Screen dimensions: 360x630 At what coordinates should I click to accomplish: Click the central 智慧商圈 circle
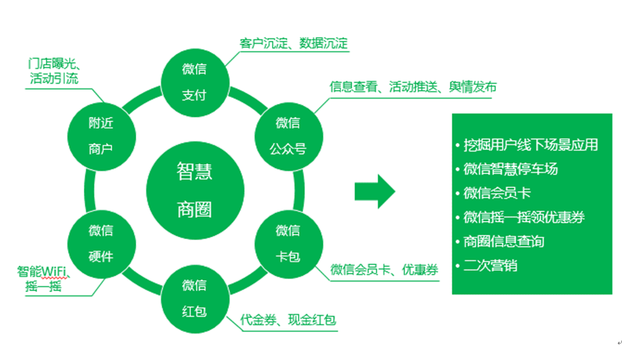[195, 190]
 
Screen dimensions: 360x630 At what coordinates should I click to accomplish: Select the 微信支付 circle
[194, 82]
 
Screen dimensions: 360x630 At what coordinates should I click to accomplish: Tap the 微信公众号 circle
[288, 136]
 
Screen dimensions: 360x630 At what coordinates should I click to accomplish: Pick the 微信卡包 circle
[288, 243]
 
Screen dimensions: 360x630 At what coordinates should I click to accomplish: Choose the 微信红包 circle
[194, 297]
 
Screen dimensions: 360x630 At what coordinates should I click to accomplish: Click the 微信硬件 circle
[101, 243]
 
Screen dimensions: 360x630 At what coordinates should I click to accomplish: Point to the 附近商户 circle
[101, 136]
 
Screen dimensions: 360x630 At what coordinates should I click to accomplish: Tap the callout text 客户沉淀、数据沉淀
[294, 43]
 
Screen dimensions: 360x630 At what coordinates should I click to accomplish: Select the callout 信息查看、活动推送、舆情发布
[413, 87]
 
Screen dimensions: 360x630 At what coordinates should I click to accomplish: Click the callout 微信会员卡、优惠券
[385, 270]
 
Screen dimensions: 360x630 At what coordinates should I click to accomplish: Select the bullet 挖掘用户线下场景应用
[530, 145]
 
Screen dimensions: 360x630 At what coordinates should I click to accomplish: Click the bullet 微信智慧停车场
[510, 169]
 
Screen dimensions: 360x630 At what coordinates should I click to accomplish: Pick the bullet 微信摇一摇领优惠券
[524, 217]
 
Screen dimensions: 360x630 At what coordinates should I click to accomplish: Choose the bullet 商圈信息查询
[503, 241]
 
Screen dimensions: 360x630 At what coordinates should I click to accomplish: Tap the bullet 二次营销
[490, 266]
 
